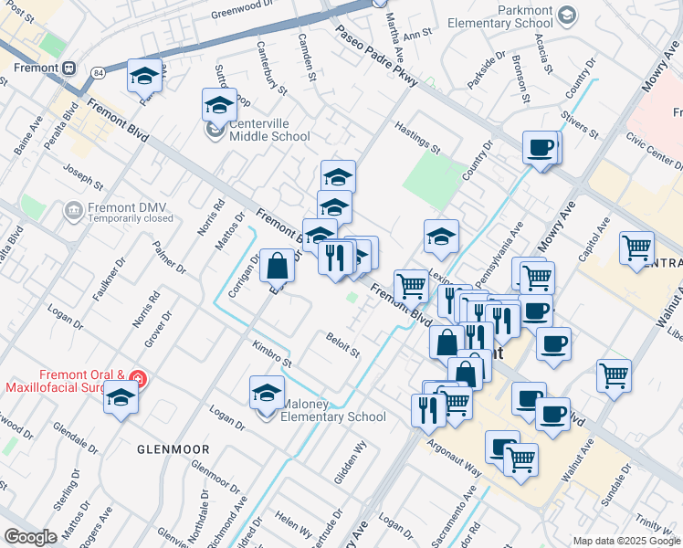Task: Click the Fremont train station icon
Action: pyautogui.click(x=69, y=68)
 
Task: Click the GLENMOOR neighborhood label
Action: pyautogui.click(x=173, y=449)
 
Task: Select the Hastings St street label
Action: pyautogui.click(x=418, y=137)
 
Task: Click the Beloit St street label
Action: pyautogui.click(x=343, y=345)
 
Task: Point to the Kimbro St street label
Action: pyautogui.click(x=272, y=355)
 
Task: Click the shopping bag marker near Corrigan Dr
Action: pyautogui.click(x=277, y=267)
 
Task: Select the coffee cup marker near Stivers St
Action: pyautogui.click(x=541, y=147)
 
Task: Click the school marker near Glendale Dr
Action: pyautogui.click(x=121, y=398)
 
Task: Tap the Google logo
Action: pyautogui.click(x=30, y=537)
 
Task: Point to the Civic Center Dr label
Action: pyautogui.click(x=654, y=153)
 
